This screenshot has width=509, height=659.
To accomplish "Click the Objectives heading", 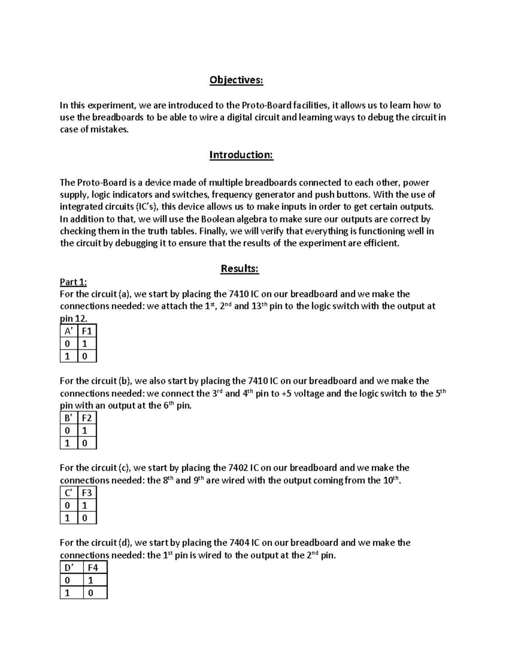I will pos(236,80).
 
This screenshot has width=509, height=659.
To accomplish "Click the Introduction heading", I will pos(241,155).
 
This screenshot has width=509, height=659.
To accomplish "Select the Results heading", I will pos(240,269).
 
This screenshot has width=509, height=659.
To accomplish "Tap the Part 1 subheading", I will pos(73,282).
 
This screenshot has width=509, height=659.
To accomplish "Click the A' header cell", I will pos(69,331).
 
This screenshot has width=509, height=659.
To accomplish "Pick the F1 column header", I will pos(87,331).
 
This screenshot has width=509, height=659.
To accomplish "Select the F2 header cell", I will pos(87,418).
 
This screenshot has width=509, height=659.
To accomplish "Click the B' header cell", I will pos(69,418).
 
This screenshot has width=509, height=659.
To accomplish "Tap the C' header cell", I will pos(69,493).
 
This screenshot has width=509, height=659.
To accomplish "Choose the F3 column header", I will pos(87,493).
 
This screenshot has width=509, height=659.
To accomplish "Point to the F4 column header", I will pos(94,568).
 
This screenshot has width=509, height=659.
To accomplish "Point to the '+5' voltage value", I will pos(287,394).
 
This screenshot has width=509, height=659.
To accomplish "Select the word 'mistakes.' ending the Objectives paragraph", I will pos(110,130).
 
